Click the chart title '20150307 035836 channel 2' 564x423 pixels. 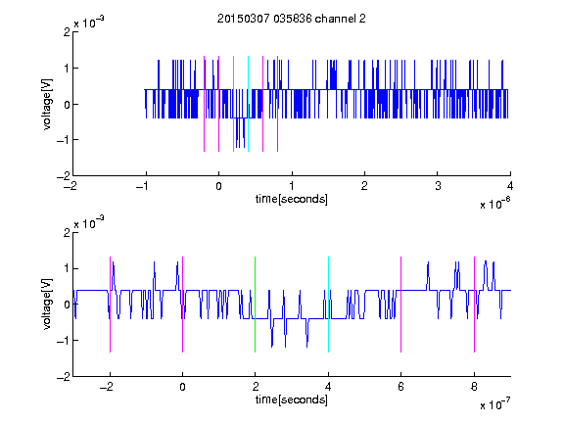click(x=292, y=19)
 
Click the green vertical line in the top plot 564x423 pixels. click(x=233, y=104)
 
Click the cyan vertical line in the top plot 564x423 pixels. click(x=248, y=104)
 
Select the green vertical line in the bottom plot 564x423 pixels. click(x=255, y=305)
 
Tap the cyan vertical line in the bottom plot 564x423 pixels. click(x=328, y=305)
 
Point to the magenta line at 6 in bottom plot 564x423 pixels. click(x=401, y=305)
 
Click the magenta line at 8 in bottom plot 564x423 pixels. click(x=475, y=305)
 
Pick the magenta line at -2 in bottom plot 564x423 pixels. click(x=110, y=305)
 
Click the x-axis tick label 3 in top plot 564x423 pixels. click(x=438, y=186)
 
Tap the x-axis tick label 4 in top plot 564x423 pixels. click(x=510, y=186)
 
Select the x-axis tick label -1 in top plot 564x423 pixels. click(x=143, y=186)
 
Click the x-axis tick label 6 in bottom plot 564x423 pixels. click(x=401, y=387)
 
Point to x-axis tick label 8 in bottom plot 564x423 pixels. click(x=475, y=387)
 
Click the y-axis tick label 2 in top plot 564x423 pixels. click(x=67, y=32)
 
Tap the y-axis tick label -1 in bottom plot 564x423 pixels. click(x=64, y=341)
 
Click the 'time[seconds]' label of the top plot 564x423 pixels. click(x=292, y=199)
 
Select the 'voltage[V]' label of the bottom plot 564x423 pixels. click(x=47, y=304)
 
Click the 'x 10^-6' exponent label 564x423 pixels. click(x=495, y=204)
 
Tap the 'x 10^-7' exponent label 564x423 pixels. click(x=495, y=404)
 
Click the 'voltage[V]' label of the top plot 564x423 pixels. click(x=47, y=104)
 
